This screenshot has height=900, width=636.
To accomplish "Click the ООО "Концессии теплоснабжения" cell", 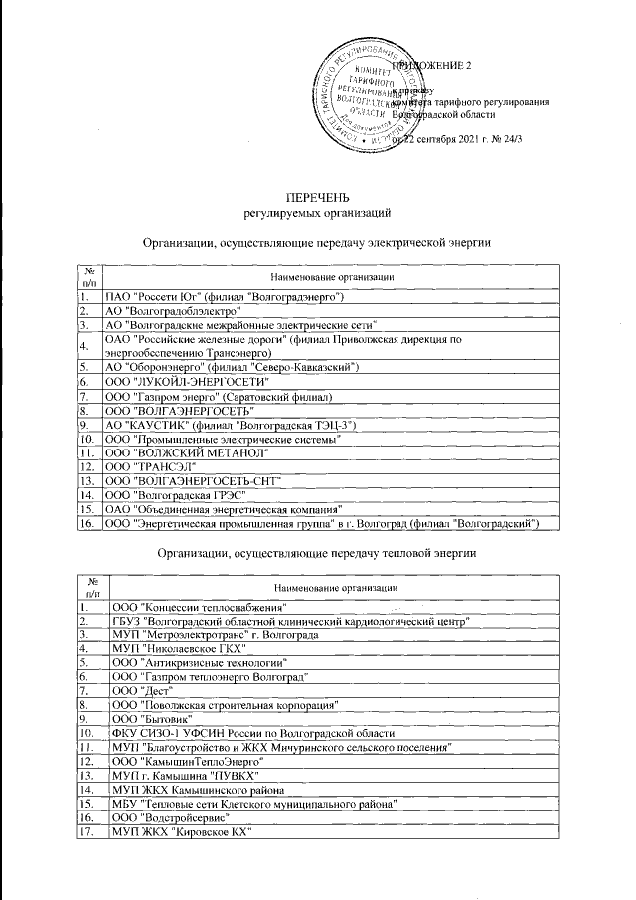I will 200,607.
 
